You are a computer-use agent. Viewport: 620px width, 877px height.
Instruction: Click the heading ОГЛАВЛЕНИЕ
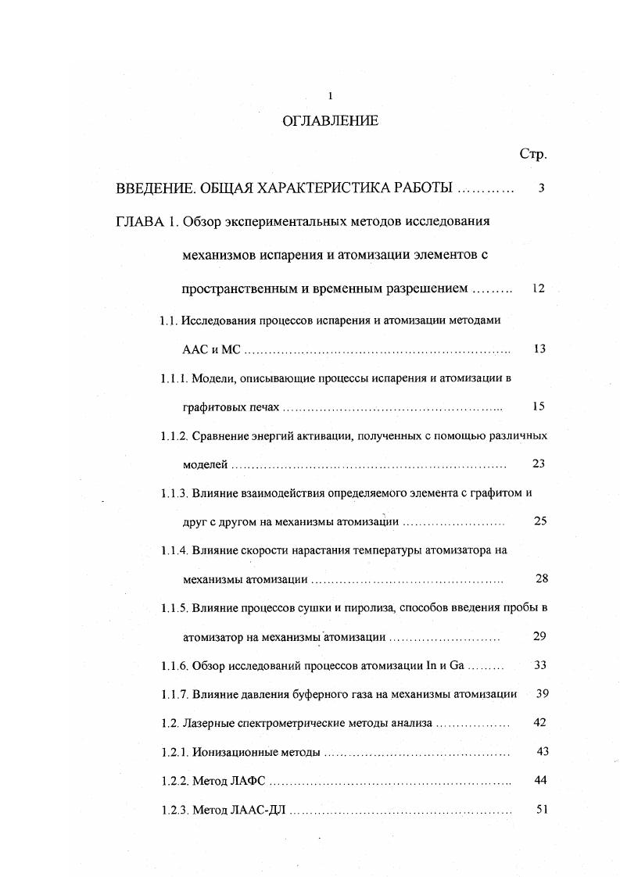329,121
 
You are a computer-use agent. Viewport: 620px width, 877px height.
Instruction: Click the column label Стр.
532,154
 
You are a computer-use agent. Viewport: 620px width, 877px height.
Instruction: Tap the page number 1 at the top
330,96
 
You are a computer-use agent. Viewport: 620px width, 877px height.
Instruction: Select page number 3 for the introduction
541,188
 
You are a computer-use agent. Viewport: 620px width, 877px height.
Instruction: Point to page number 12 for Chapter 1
538,288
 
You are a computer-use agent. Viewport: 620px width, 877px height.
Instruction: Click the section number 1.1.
169,320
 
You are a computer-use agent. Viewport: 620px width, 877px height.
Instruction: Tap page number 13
539,349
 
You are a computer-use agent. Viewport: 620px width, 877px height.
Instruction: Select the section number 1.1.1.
174,378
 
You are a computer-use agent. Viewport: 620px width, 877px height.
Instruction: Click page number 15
539,406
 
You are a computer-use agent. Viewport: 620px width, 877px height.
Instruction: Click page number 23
539,464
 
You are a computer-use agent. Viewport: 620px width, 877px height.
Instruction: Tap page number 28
541,578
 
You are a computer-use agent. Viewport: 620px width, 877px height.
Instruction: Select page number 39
540,694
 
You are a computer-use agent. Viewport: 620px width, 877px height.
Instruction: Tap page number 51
541,809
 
